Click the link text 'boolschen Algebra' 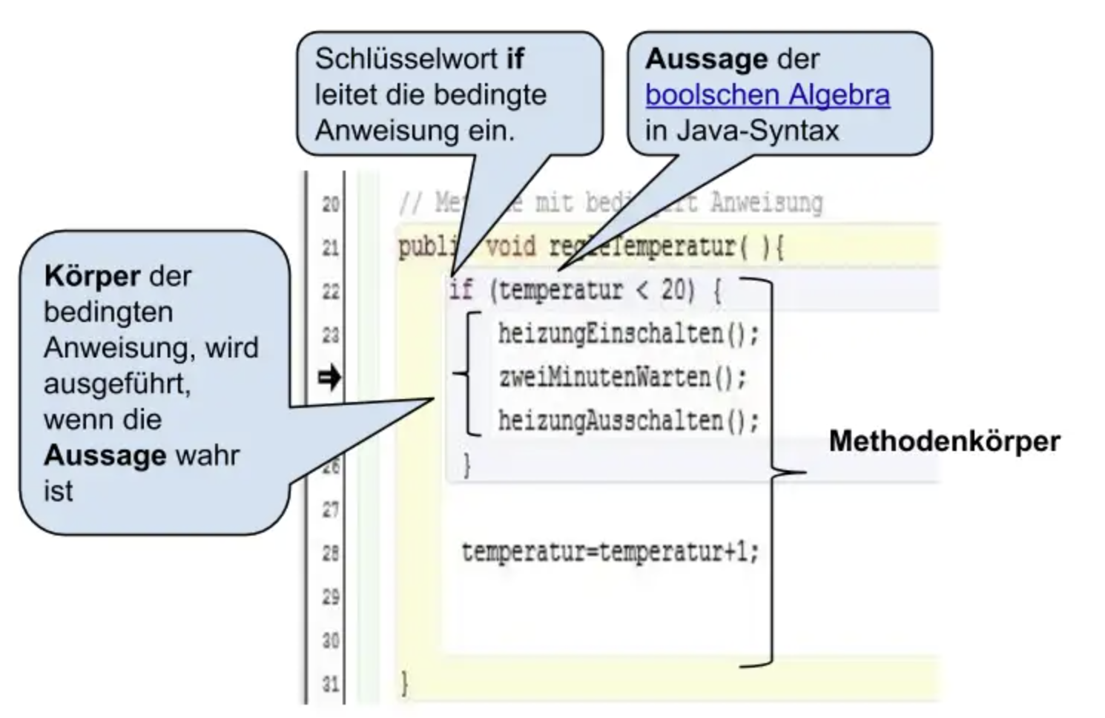[767, 95]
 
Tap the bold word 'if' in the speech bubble [515, 59]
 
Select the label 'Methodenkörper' [944, 441]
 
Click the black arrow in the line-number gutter [329, 378]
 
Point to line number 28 [331, 553]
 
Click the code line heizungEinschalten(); [628, 334]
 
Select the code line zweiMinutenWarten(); [622, 378]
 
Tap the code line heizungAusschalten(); [628, 421]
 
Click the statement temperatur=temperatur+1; [610, 552]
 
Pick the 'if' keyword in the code [461, 289]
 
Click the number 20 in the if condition [676, 289]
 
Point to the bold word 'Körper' [90, 276]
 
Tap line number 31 [331, 683]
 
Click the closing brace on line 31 [404, 682]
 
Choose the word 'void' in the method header [510, 246]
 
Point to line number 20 [331, 203]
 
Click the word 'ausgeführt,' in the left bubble [117, 383]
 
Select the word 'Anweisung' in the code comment [766, 202]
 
